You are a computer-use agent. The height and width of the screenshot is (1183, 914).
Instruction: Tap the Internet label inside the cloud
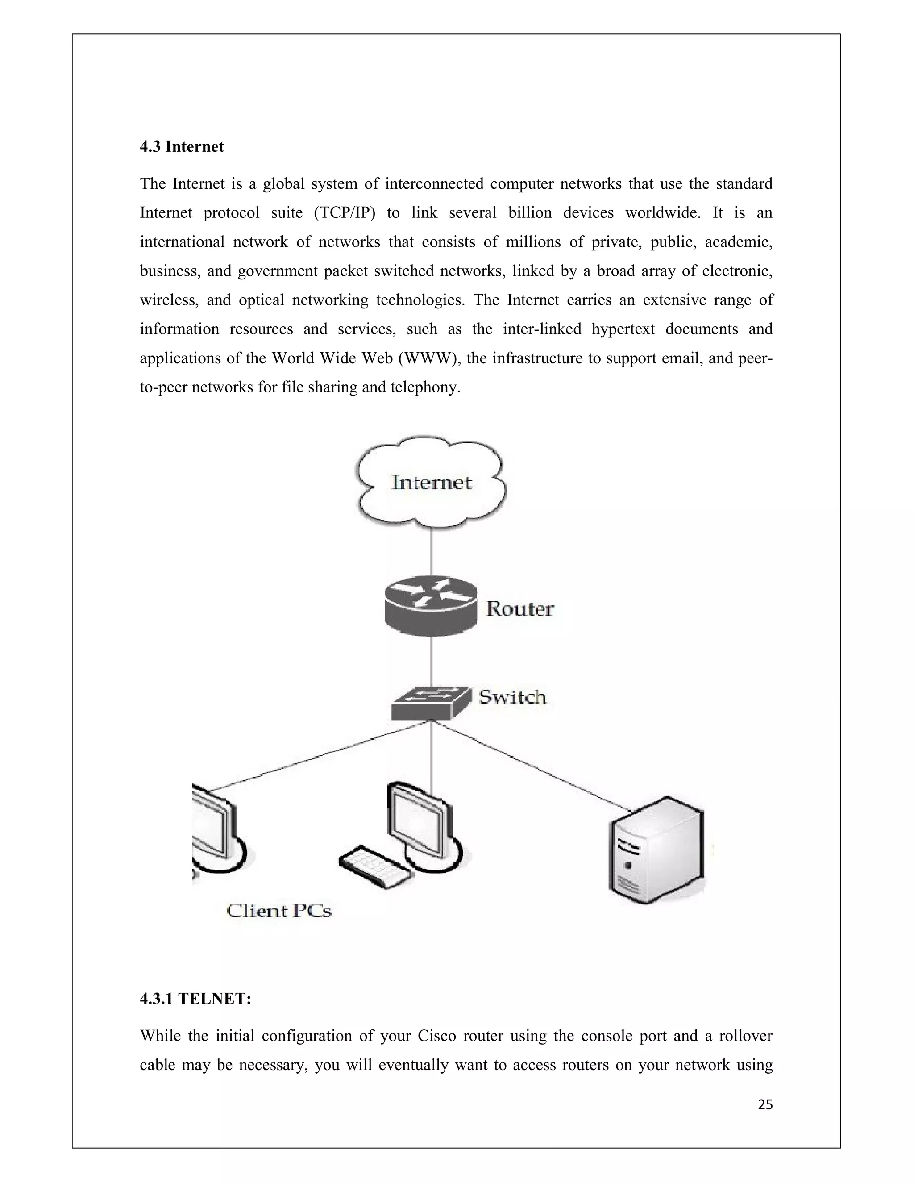click(432, 482)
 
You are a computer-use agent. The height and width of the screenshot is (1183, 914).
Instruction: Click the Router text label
click(520, 609)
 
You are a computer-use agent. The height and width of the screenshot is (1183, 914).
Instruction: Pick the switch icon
click(431, 703)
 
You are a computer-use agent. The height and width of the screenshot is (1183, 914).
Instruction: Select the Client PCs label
click(279, 911)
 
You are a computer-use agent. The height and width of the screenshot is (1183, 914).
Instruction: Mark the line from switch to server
click(531, 764)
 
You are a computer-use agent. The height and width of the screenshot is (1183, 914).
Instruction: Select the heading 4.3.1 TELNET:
click(195, 999)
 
